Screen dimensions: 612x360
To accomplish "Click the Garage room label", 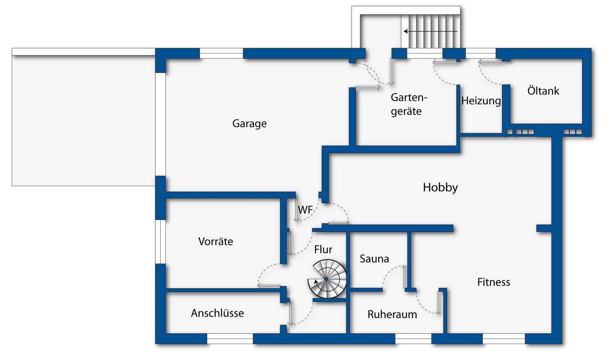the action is click(249, 123).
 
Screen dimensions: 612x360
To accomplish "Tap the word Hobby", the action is click(440, 187).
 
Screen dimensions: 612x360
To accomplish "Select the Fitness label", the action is click(493, 282).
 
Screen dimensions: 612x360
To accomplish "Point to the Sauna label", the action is click(374, 259).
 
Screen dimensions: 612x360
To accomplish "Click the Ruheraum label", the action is click(392, 314).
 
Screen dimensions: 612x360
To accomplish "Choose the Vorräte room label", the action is click(215, 241).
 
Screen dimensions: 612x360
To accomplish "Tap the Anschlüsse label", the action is click(217, 313).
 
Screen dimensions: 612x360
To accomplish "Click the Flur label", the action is click(323, 249).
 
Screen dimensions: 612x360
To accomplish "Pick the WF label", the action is click(305, 210).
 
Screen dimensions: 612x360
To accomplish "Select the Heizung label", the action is click(481, 101).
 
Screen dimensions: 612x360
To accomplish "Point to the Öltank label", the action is click(543, 91).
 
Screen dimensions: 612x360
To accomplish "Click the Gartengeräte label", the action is click(409, 104).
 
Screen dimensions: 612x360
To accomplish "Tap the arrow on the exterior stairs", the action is click(430, 31).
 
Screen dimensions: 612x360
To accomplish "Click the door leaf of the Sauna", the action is click(405, 277).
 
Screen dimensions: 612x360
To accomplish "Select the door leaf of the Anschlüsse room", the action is click(290, 313).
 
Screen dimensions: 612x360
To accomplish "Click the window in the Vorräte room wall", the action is click(160, 242).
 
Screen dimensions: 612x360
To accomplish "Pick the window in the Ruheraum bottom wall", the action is click(413, 339).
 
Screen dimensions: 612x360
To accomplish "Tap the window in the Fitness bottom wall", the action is click(504, 339).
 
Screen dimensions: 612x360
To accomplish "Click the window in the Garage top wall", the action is click(221, 53).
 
